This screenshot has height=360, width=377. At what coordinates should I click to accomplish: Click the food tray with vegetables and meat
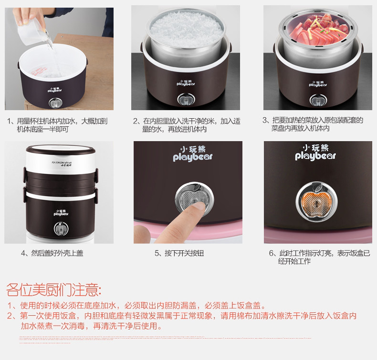point(318,31)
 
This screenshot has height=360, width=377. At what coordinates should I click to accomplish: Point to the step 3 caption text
point(313,124)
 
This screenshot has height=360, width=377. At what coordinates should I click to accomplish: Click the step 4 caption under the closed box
point(52,253)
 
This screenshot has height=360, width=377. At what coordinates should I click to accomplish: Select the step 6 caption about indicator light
point(319,257)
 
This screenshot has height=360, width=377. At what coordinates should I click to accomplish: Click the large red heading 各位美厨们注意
point(53,289)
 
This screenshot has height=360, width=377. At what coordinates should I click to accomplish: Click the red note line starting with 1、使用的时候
point(136,306)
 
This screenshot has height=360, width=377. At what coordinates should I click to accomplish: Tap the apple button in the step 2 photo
point(183,100)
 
